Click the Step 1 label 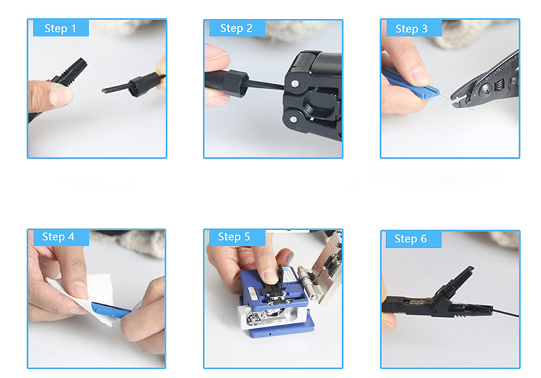coord(60,28)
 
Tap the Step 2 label coord(236,28)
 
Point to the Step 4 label coord(58,236)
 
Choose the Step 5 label coord(233,236)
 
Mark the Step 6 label coord(410,238)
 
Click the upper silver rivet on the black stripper coord(295,83)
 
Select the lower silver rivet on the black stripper coord(293,119)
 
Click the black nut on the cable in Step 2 coord(235,84)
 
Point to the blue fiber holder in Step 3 coord(410,82)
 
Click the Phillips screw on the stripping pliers coord(485,90)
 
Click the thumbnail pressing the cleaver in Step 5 coord(269,275)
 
